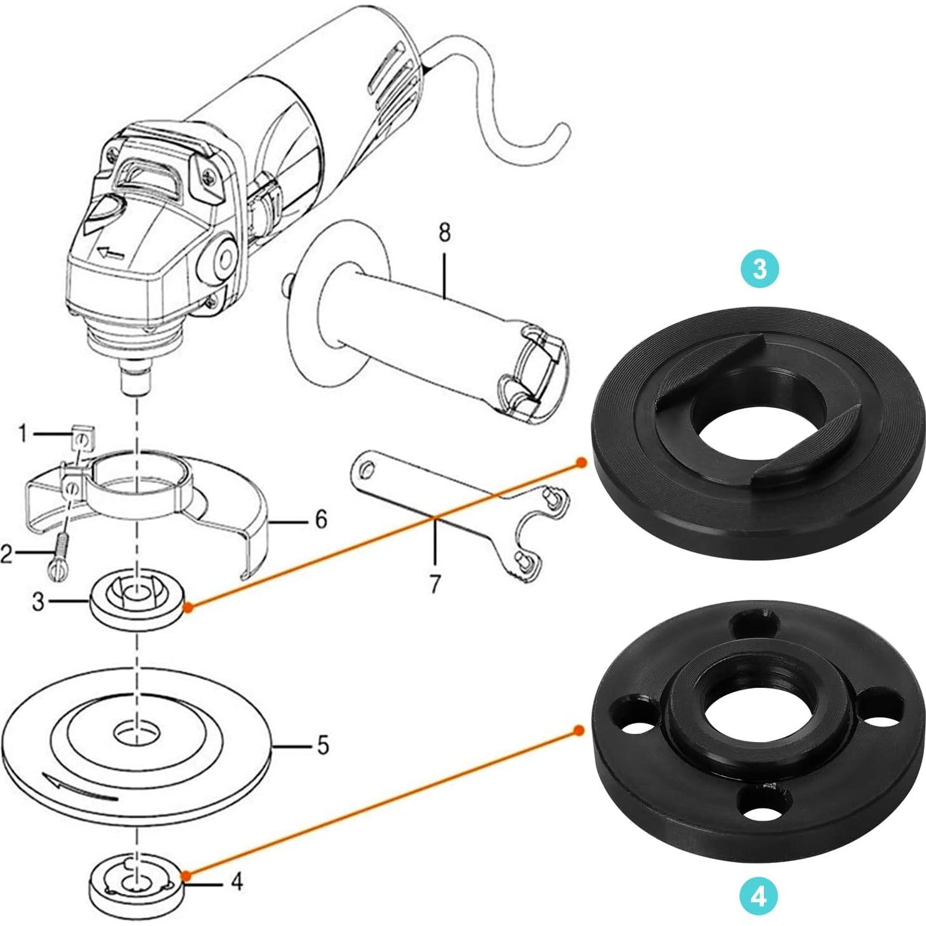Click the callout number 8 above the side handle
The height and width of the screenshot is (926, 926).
(x=444, y=233)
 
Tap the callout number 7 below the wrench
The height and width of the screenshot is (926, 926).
(x=435, y=584)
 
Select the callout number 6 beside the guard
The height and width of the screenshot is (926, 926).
(x=321, y=518)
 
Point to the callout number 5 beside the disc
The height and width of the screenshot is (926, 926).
(x=322, y=745)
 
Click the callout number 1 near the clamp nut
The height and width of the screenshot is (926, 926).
(x=23, y=433)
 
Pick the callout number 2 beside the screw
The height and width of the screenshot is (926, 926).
(x=7, y=552)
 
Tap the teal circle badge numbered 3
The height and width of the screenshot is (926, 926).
(x=759, y=269)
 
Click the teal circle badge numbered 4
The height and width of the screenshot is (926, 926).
(x=759, y=897)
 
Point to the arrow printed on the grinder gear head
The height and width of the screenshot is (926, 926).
(x=110, y=253)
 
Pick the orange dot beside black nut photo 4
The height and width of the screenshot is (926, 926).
(x=579, y=730)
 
